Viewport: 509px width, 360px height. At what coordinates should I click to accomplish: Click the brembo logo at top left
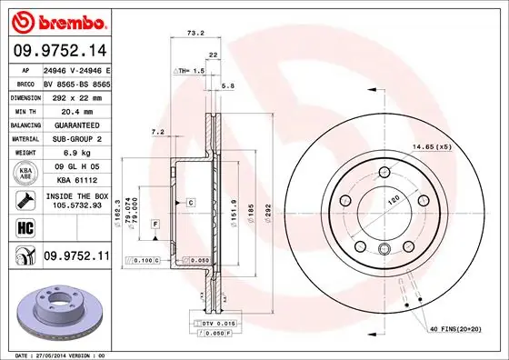coord(57,19)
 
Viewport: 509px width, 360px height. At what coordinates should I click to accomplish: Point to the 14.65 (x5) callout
coord(432,147)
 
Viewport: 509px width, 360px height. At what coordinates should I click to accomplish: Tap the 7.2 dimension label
coord(156,132)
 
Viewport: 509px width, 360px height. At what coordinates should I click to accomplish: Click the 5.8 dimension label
coord(228,85)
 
